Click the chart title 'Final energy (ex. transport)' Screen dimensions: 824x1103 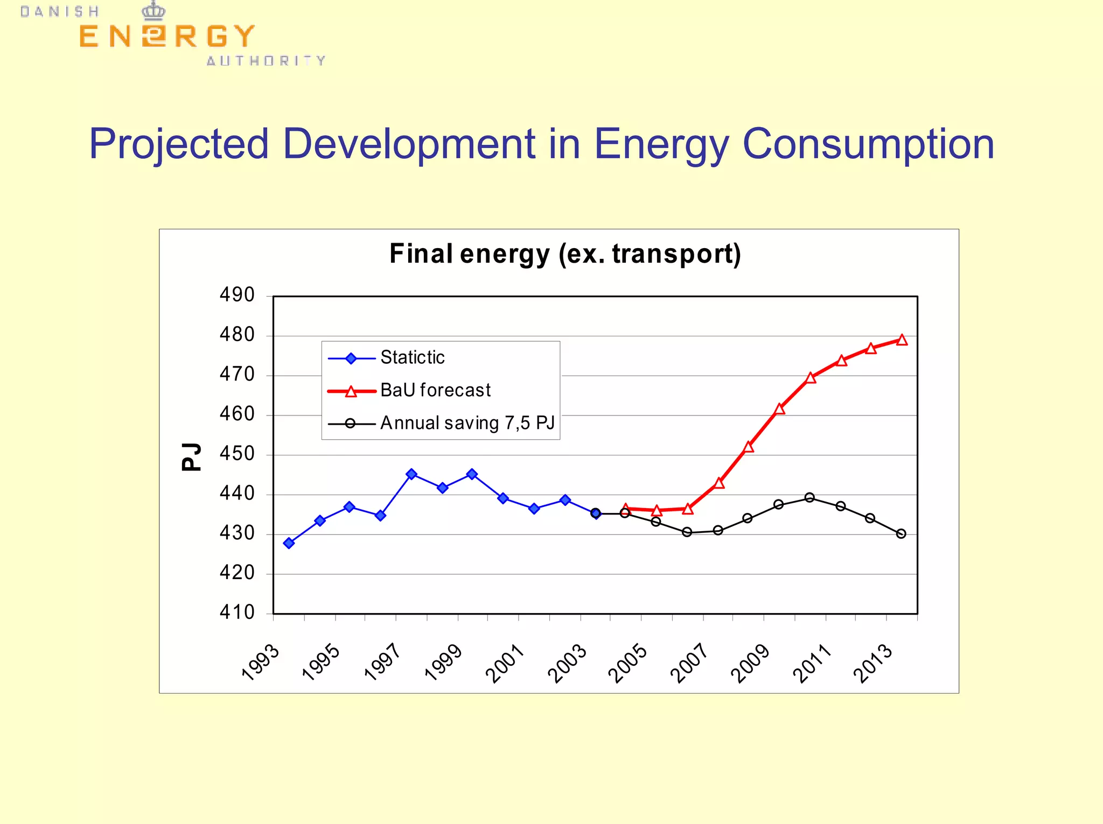565,254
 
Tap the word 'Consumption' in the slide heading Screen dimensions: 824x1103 868,144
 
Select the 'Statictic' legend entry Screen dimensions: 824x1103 412,357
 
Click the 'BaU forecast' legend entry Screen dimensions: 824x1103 435,390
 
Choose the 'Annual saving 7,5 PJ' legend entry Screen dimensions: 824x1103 467,423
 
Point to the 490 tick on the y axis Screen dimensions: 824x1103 237,295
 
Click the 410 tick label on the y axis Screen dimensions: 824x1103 237,612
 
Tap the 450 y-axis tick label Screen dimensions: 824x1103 237,454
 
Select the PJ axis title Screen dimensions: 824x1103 191,457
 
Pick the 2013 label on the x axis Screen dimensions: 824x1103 873,663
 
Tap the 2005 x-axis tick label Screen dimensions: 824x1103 628,663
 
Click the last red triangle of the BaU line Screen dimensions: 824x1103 902,340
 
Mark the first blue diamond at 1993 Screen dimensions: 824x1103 289,543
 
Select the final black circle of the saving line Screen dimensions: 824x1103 901,533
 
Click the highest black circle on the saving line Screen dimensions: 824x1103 809,497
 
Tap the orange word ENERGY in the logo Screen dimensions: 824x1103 166,37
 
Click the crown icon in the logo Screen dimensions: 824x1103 153,10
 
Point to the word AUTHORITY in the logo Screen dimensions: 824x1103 266,61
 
